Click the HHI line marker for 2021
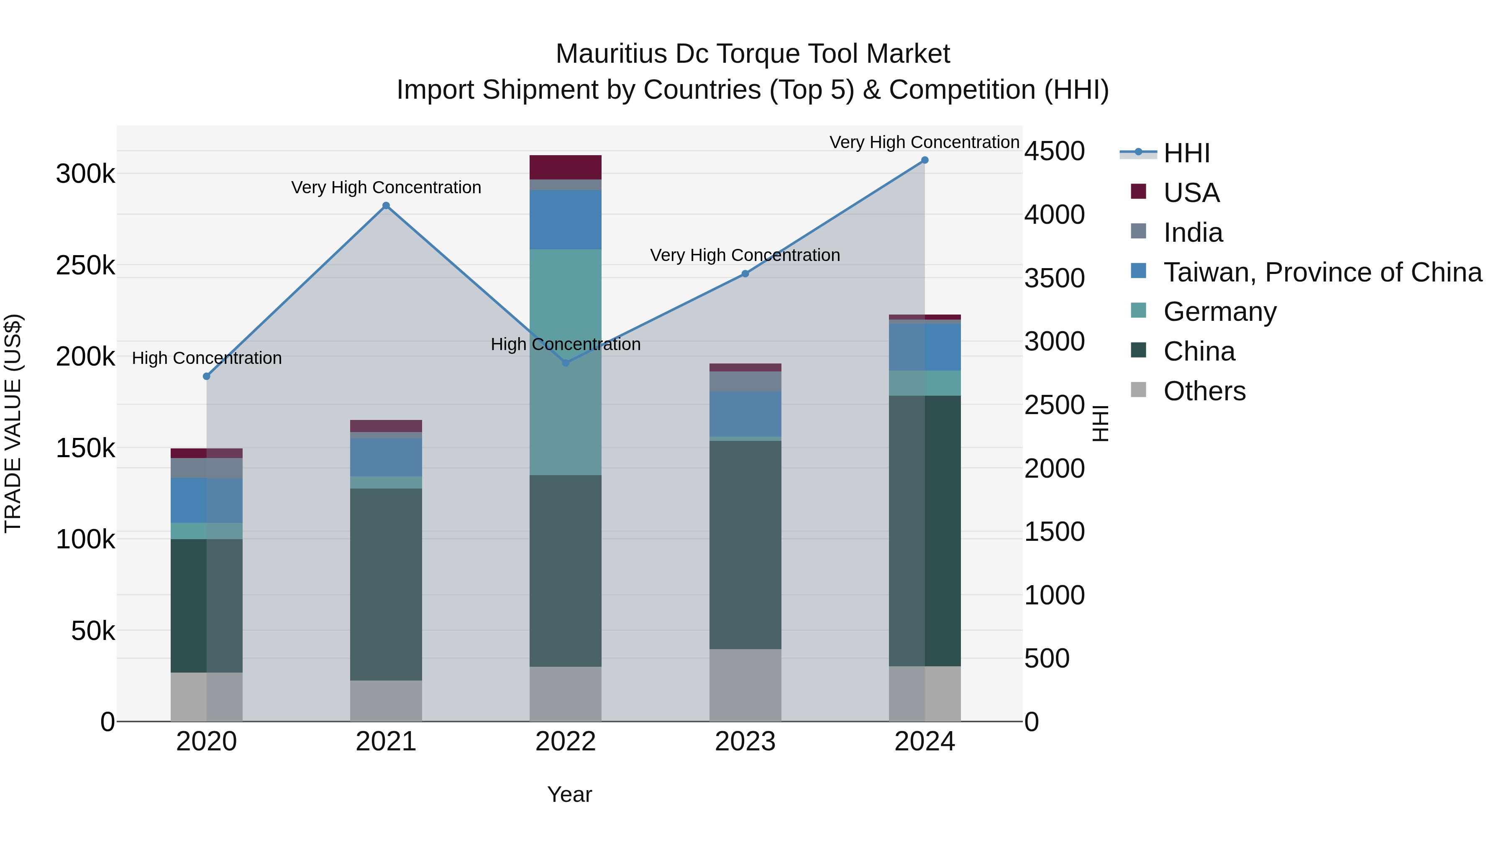386,206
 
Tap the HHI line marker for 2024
924,160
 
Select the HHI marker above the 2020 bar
206,376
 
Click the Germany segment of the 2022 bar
565,362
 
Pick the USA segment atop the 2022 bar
565,167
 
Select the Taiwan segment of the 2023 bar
745,413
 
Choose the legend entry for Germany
1219,312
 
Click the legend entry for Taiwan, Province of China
1322,272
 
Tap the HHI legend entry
1186,153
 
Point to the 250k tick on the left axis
85,265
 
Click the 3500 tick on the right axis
1054,278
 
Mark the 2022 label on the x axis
565,742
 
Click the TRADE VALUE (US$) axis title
13,423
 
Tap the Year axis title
569,794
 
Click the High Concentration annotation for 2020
206,358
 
